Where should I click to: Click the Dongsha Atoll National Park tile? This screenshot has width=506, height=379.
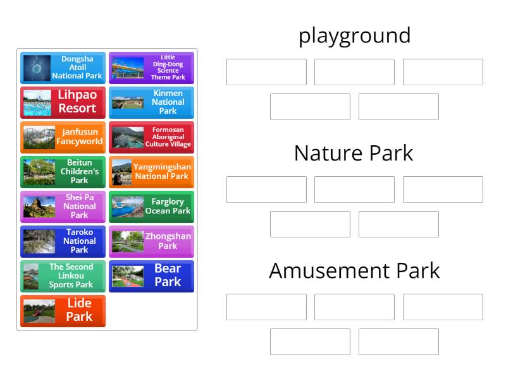[63, 68]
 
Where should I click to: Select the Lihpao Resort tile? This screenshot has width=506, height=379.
[63, 102]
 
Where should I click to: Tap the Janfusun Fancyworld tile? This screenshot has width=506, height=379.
[63, 137]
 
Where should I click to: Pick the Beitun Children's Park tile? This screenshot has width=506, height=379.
[63, 172]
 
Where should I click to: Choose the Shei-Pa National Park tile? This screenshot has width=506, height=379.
[63, 207]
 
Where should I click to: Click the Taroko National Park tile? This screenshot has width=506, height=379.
[63, 241]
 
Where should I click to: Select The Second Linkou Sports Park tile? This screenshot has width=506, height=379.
[63, 276]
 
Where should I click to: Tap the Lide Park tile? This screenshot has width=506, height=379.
[63, 311]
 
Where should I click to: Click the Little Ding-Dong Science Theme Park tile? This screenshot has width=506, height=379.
[152, 68]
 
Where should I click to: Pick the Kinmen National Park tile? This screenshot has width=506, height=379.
[152, 102]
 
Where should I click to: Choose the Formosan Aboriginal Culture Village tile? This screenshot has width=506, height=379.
[152, 137]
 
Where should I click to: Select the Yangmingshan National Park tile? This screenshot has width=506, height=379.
[152, 172]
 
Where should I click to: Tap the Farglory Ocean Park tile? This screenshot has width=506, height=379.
[152, 207]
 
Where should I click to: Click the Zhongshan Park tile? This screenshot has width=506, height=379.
[152, 241]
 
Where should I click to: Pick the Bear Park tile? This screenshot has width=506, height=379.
[152, 276]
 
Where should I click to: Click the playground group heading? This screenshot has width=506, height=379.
[354, 35]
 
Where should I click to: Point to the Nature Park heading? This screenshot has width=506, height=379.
[354, 153]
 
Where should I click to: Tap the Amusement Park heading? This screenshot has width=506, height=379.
[354, 270]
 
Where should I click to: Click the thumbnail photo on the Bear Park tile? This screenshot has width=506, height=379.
[128, 276]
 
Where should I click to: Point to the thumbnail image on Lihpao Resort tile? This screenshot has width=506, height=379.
[37, 103]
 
